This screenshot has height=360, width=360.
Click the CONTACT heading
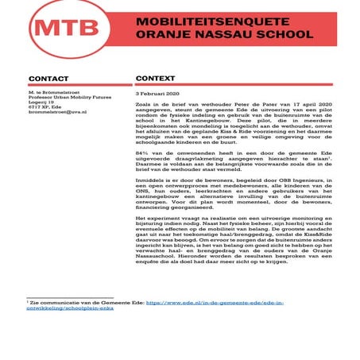[x=48, y=79]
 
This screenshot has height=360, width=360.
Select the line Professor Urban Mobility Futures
[x=62, y=99]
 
